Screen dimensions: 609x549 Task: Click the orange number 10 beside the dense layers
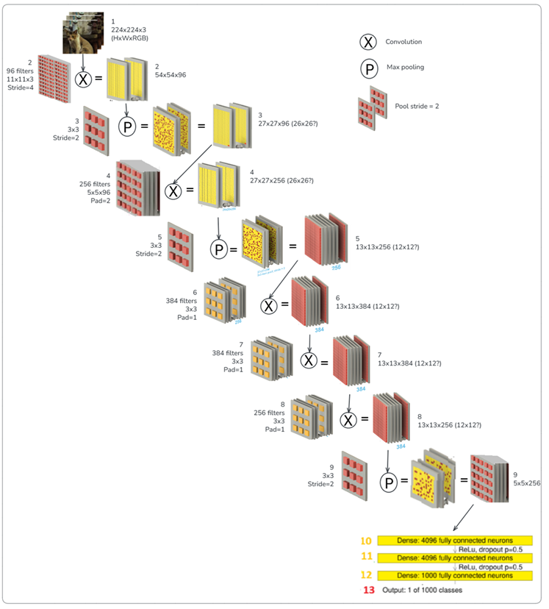click(x=366, y=541)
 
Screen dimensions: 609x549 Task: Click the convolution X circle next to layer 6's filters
click(x=269, y=306)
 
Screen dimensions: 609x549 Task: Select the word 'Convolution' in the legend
click(x=403, y=42)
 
